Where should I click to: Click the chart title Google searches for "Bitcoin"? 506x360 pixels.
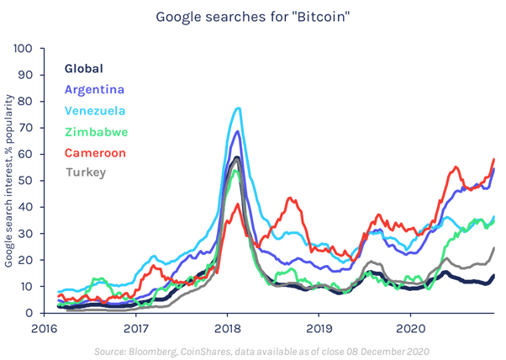pos(252,16)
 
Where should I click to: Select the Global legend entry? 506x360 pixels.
pos(84,68)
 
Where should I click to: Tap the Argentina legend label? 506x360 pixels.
pos(95,89)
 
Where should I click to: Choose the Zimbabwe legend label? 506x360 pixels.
pos(97,131)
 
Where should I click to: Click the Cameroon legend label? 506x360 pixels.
pos(96,152)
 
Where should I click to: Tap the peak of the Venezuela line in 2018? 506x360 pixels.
pos(239,108)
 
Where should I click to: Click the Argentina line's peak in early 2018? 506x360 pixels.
pos(238,131)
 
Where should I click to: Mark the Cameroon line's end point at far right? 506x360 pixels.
pos(493,159)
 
